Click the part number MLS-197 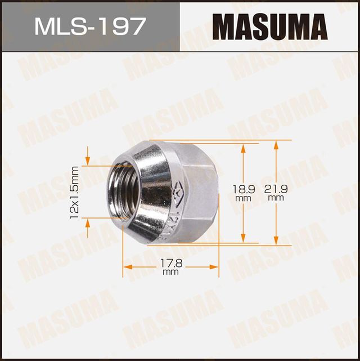coord(89,26)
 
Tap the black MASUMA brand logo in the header coord(271,26)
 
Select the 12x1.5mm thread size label coord(74,192)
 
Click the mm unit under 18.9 coord(243,198)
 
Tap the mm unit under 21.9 coord(276,198)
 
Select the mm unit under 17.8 coord(170,273)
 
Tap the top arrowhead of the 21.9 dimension coord(276,144)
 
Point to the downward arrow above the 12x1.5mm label coord(88,161)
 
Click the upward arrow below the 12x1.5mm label coord(88,224)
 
